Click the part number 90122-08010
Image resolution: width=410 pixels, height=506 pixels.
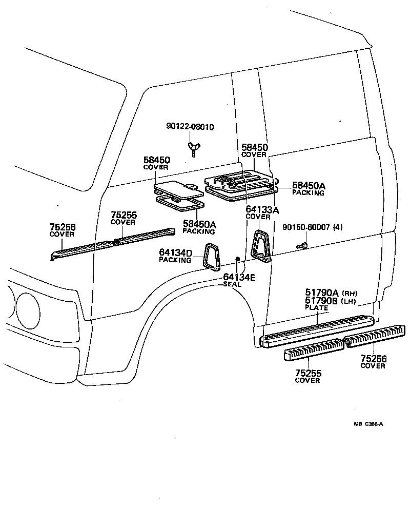(x=190, y=127)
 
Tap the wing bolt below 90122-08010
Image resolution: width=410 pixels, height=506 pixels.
(x=194, y=149)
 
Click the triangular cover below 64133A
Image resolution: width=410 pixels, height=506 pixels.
(x=261, y=245)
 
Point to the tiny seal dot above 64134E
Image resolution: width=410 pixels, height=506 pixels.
(x=238, y=258)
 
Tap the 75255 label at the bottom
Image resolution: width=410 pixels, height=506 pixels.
(x=307, y=374)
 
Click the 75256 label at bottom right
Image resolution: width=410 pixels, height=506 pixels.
(x=373, y=359)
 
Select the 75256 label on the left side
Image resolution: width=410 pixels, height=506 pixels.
(x=62, y=227)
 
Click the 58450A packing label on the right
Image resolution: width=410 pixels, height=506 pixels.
(x=309, y=186)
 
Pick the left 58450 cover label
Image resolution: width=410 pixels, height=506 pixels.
(x=157, y=161)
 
